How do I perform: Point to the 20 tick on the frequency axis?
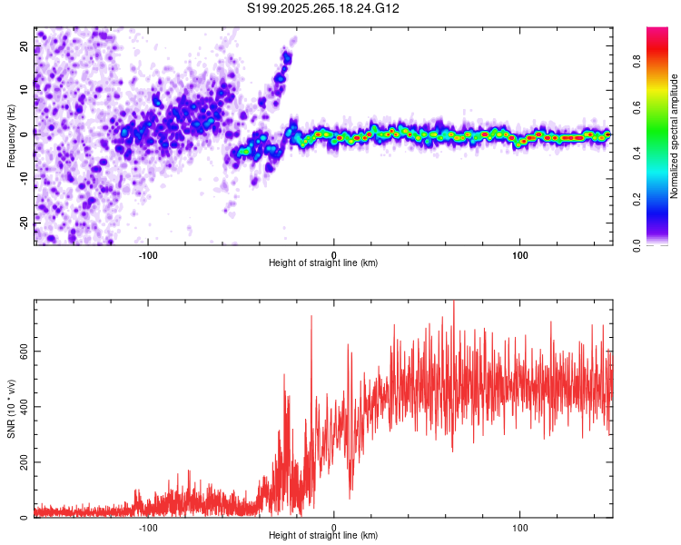point(25,45)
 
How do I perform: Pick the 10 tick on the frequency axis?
point(25,89)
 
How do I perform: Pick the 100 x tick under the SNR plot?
point(520,527)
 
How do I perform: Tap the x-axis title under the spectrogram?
point(323,263)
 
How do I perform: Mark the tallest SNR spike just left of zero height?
point(311,317)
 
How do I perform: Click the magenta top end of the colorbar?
point(657,32)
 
